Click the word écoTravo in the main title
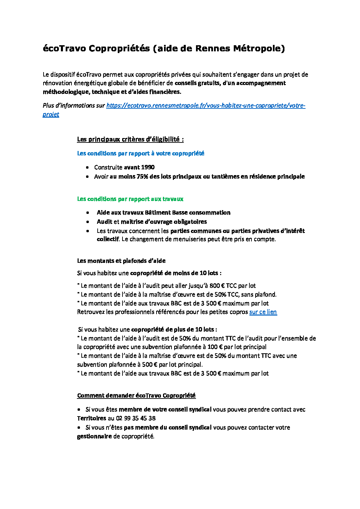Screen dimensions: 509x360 tap(64, 49)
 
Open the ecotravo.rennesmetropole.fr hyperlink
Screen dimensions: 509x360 tap(206, 105)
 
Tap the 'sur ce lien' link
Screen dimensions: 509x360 tap(263, 312)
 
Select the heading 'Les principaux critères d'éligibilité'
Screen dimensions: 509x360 tap(130, 139)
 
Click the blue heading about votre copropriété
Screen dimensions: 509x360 tap(141, 153)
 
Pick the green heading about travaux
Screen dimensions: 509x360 tap(130, 199)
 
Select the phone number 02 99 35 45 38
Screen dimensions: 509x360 tap(136, 418)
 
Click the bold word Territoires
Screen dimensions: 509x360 tap(92, 418)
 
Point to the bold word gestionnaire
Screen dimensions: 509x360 tap(94, 436)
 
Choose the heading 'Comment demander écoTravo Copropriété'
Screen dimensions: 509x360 tap(136, 395)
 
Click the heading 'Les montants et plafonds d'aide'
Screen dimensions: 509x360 tap(121, 261)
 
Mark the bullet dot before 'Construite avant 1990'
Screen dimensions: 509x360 tap(87, 167)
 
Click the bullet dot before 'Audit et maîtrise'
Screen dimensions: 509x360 tap(88, 222)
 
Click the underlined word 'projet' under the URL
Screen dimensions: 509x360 tap(51, 114)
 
